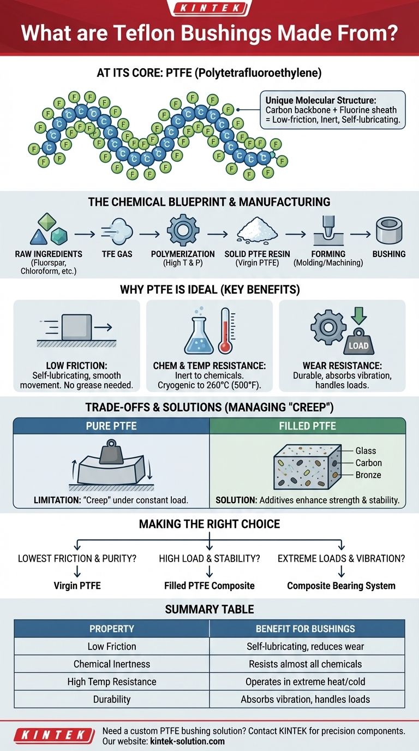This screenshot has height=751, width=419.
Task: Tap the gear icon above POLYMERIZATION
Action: (x=182, y=230)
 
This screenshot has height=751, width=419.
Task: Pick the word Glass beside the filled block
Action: (x=366, y=451)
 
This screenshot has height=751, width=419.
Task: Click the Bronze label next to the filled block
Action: (x=368, y=475)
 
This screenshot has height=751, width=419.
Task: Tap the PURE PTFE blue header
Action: (x=111, y=426)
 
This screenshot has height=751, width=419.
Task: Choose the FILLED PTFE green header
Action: (x=308, y=426)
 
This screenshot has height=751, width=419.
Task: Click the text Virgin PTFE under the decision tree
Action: (x=77, y=586)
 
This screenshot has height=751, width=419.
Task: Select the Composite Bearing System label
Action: (x=341, y=586)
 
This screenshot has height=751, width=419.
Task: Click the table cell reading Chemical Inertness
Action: (x=112, y=664)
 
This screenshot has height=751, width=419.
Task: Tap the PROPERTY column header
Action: (x=112, y=629)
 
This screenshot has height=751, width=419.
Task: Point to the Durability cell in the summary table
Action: (x=112, y=699)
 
